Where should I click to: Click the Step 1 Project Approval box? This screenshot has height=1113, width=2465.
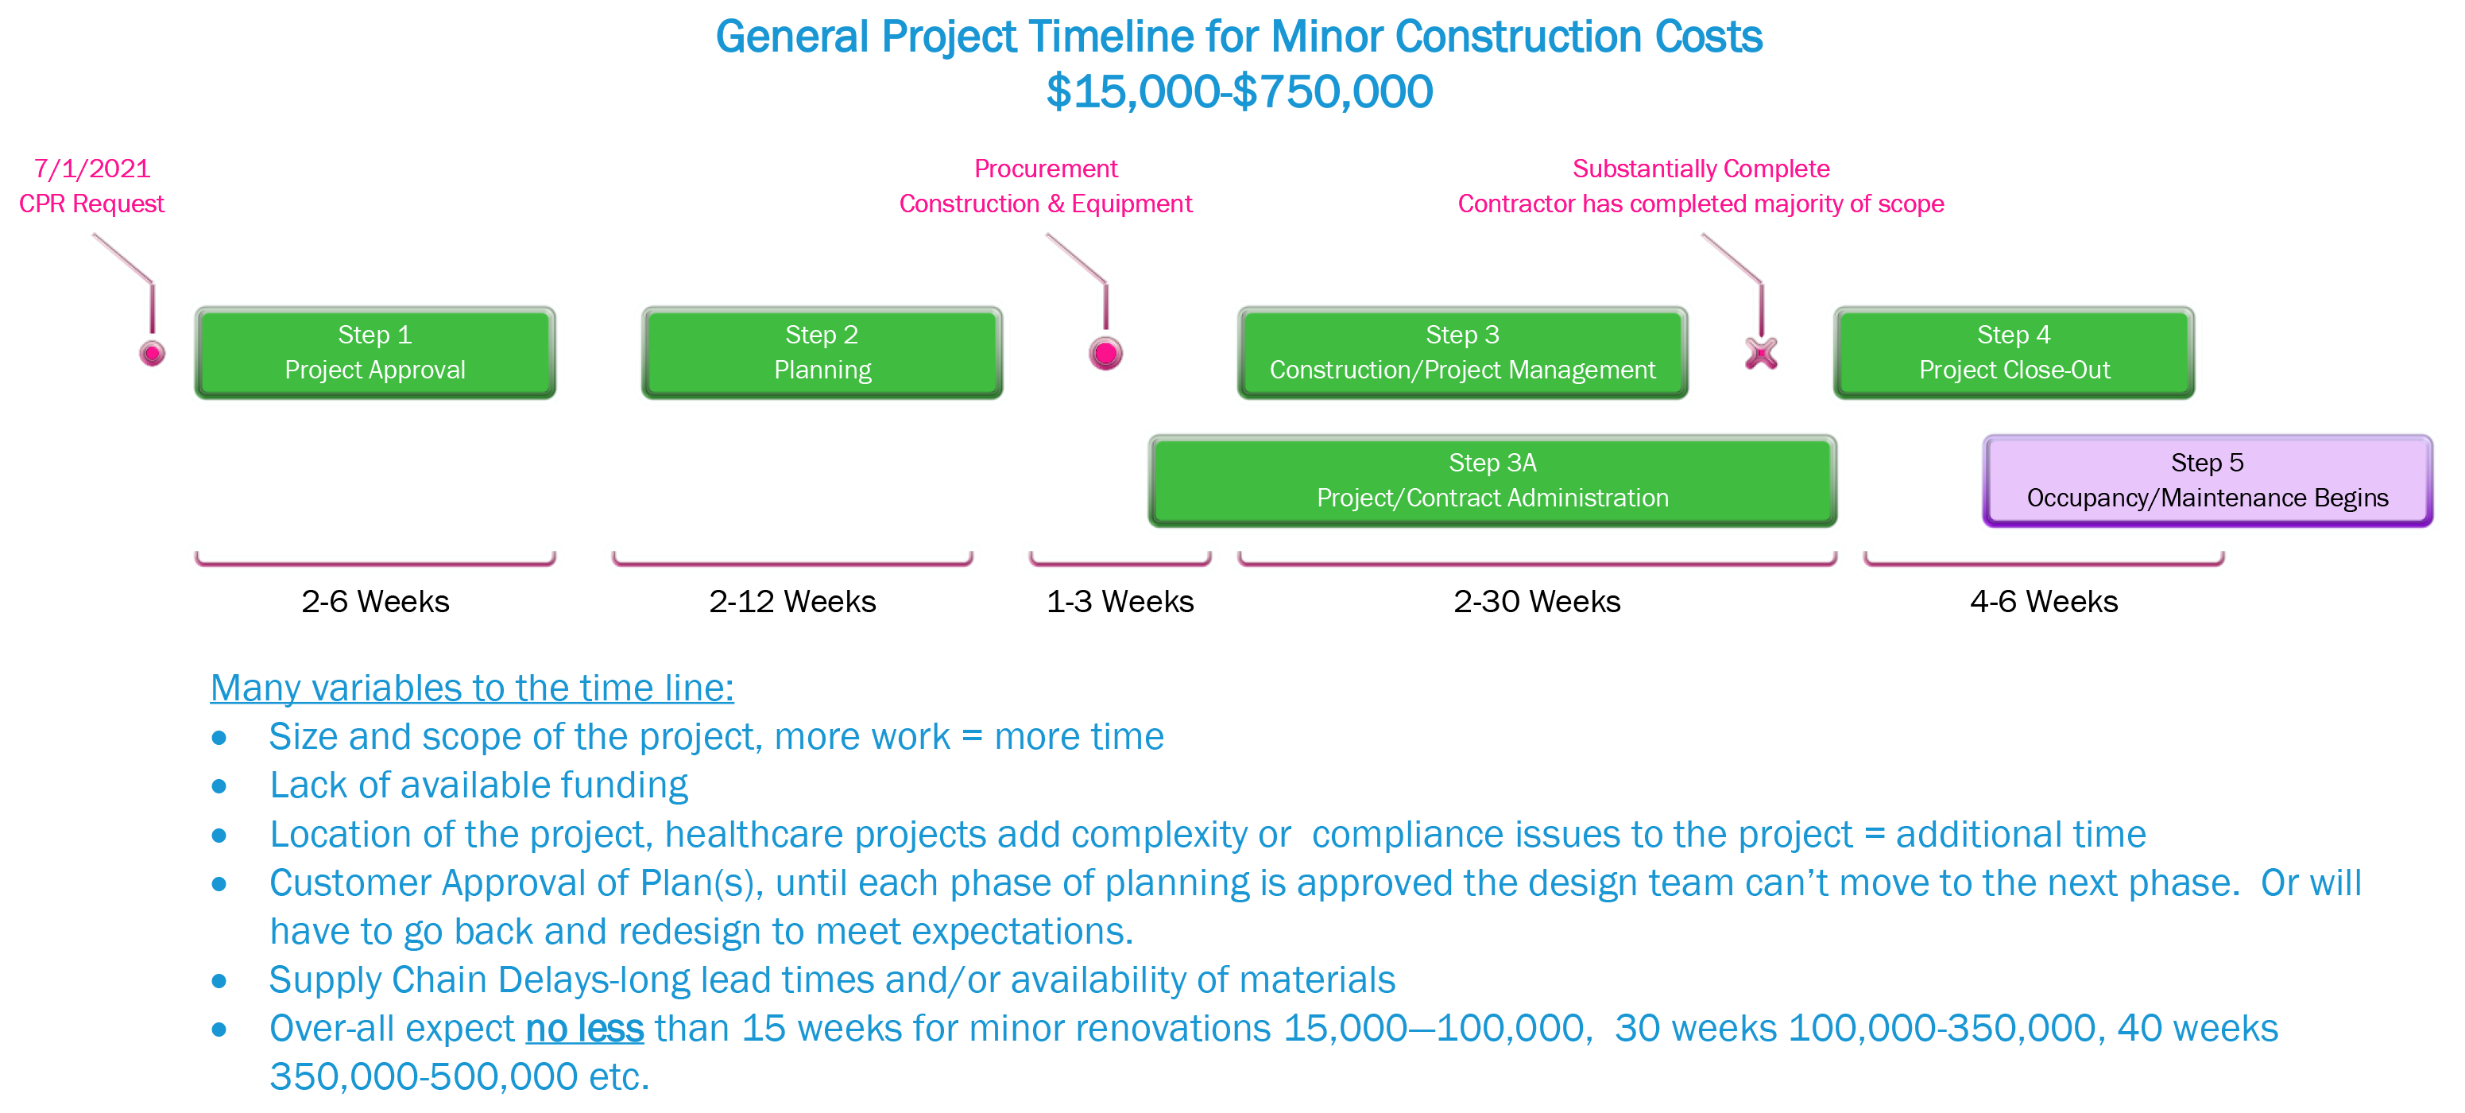coord(375,352)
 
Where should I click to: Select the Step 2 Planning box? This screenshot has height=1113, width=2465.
coord(822,352)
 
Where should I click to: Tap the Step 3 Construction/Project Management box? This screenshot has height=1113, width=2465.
coord(1462,352)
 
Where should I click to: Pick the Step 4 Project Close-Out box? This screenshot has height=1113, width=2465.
coord(2014,352)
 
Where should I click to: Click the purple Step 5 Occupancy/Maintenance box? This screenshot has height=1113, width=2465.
coord(2207,480)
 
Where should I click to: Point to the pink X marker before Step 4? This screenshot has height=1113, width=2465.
coord(1761,353)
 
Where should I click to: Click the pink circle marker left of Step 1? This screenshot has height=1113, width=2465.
coord(152,354)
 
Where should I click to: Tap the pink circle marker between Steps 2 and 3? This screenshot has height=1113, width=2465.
coord(1105,354)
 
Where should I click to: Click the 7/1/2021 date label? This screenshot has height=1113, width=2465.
coord(93,169)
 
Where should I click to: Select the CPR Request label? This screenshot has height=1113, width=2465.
coord(92,204)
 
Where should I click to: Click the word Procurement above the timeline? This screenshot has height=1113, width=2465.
coord(1045,169)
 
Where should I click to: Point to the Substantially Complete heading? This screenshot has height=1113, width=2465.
coord(1701,169)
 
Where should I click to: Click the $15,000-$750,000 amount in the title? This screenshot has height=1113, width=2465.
coord(1239,92)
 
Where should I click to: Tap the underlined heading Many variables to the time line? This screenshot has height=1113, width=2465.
coord(472,688)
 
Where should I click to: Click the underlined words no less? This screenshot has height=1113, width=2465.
coord(585,1029)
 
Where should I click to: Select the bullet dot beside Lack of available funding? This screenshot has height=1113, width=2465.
coord(220,787)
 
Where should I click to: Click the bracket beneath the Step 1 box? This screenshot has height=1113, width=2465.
coord(375,560)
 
